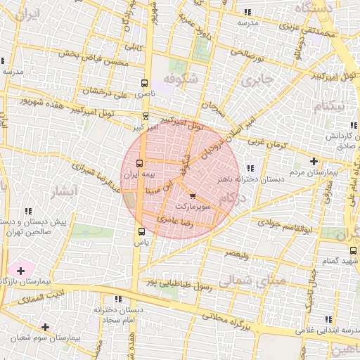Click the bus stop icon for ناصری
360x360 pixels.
[x=146, y=81]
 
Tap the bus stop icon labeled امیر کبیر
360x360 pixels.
[x=146, y=117]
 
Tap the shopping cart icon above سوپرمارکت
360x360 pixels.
[x=193, y=196]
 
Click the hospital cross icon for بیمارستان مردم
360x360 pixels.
[x=314, y=161]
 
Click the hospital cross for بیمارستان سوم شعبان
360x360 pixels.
[x=46, y=327]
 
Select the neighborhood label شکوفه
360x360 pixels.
[x=176, y=78]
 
